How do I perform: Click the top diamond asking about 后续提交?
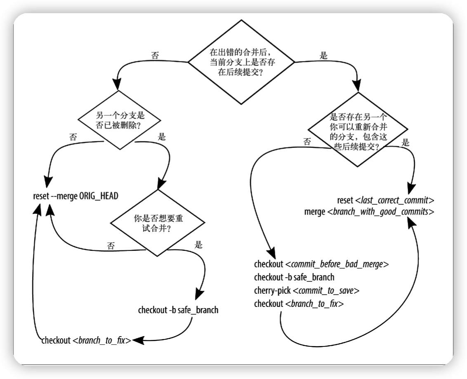pos(241,62)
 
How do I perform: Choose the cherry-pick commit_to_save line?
pos(307,290)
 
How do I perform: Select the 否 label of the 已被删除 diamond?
pos(73,138)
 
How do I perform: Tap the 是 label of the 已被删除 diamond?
pos(162,137)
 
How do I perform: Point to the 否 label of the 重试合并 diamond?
pos(111,246)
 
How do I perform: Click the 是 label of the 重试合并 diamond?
pos(198,245)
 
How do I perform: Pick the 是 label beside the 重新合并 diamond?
pos(406,143)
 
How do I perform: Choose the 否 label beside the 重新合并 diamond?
pos(307,141)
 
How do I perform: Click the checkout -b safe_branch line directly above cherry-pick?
pos(294,277)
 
